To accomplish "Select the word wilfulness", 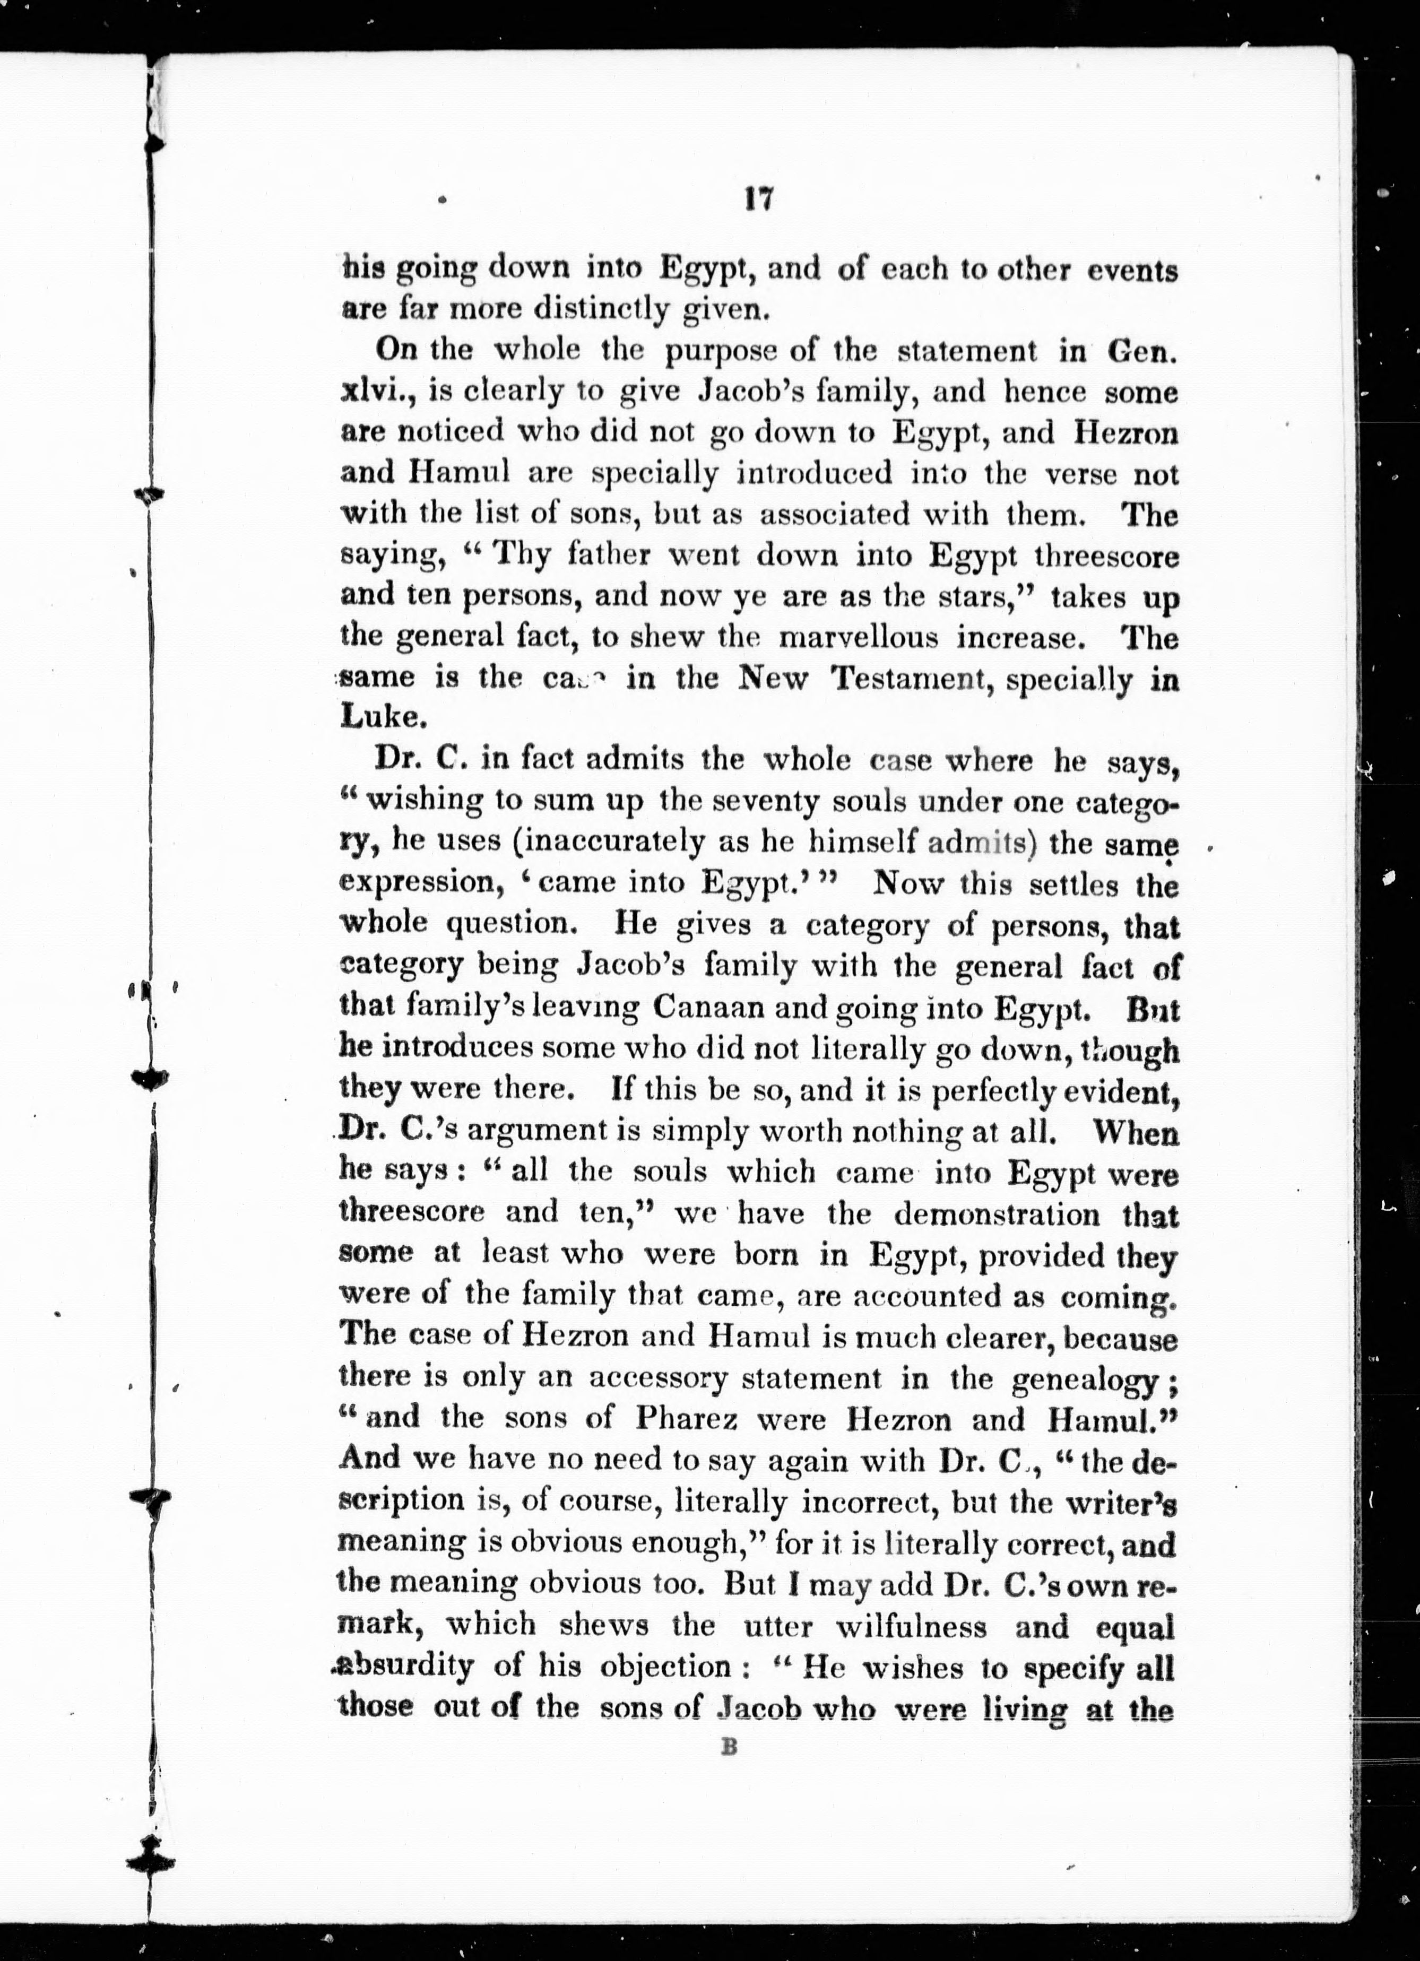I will [x=911, y=1626].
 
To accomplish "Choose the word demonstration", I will [x=996, y=1214].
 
